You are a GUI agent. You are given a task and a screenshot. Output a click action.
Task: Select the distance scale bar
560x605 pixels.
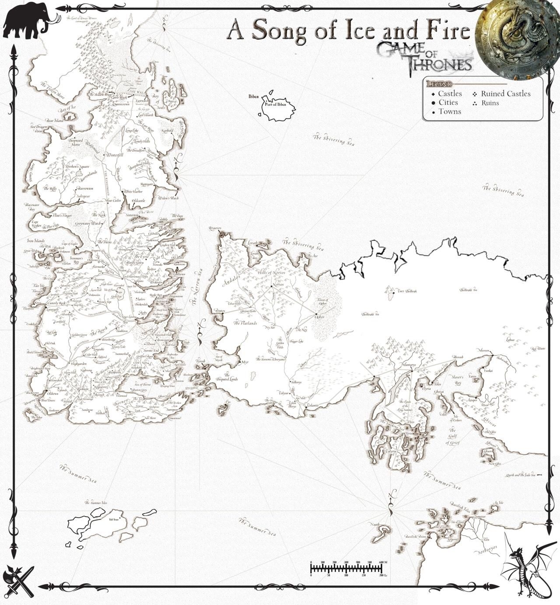tap(346, 568)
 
